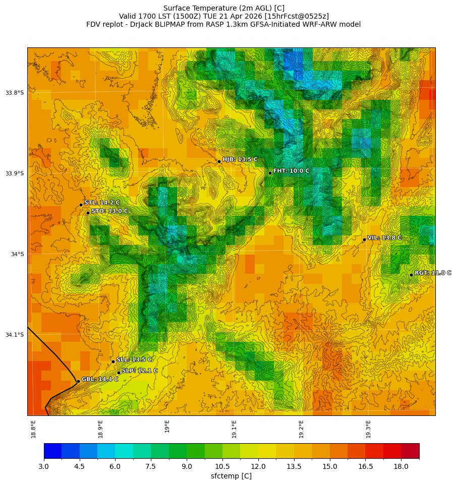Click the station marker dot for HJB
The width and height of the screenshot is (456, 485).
pyautogui.click(x=219, y=161)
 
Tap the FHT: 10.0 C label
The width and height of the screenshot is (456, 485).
pyautogui.click(x=291, y=171)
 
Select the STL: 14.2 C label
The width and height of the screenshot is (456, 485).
pyautogui.click(x=102, y=203)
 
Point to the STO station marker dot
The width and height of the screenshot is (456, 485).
pyautogui.click(x=88, y=213)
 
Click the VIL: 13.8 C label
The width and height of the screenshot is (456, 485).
pyautogui.click(x=384, y=237)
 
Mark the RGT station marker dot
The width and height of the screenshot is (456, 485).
pyautogui.click(x=411, y=275)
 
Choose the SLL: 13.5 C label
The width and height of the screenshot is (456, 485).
pyautogui.click(x=134, y=359)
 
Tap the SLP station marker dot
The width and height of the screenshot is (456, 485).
pyautogui.click(x=119, y=373)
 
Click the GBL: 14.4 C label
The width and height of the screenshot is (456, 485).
pyautogui.click(x=100, y=379)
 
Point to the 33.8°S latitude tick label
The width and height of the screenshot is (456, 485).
pyautogui.click(x=15, y=93)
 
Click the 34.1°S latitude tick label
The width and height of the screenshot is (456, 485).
pyautogui.click(x=15, y=335)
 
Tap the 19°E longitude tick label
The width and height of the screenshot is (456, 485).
pyautogui.click(x=167, y=426)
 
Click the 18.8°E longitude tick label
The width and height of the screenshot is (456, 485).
pyautogui.click(x=33, y=429)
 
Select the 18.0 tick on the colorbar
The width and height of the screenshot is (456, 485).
pyautogui.click(x=401, y=466)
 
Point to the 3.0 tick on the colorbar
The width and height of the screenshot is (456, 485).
pyautogui.click(x=44, y=466)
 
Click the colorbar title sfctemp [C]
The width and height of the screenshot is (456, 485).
pyautogui.click(x=231, y=476)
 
